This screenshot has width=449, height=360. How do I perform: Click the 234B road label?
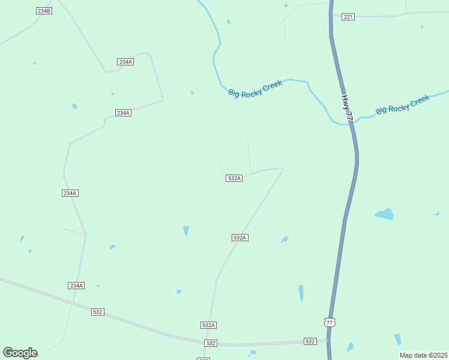(x=44, y=11)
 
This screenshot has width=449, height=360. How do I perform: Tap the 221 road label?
(x=348, y=16)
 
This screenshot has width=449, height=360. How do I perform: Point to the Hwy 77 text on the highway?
(x=347, y=106)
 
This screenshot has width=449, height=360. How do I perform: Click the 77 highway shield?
(x=329, y=322)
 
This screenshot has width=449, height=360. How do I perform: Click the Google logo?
(x=20, y=353)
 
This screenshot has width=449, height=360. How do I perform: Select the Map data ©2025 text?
(x=423, y=355)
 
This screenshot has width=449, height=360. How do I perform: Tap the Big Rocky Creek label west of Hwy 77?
(x=255, y=89)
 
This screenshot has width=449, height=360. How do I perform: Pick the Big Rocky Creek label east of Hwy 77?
(x=403, y=104)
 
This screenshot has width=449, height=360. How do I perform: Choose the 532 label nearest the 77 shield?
(x=310, y=341)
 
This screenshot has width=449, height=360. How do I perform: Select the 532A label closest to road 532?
(x=208, y=325)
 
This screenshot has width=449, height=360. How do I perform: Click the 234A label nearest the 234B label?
(x=125, y=62)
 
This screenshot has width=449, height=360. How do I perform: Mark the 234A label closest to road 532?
(x=76, y=286)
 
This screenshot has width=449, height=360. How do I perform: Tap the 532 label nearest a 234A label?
(x=98, y=312)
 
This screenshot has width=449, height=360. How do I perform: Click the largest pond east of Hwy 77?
(x=384, y=214)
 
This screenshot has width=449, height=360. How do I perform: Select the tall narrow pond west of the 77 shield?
(x=301, y=292)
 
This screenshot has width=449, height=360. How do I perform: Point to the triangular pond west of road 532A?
(x=186, y=230)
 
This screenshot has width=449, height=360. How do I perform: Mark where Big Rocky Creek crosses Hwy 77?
(x=350, y=123)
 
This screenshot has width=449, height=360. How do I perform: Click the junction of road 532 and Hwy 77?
(x=328, y=340)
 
